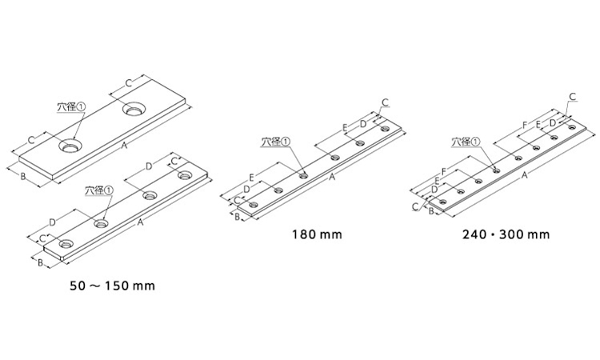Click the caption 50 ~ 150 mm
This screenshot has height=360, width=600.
[x=112, y=286]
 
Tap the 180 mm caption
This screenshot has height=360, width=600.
[x=318, y=234]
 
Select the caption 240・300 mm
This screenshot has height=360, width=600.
[x=506, y=234]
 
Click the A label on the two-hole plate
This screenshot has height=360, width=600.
[x=123, y=145]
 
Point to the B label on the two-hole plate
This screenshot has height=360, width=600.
[x=23, y=176]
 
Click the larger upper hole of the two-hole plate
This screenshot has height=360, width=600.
[x=134, y=108]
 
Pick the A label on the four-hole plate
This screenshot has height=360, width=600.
[x=140, y=222]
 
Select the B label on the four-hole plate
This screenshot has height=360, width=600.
[x=40, y=262]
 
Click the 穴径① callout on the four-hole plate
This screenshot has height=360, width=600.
[x=99, y=190]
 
